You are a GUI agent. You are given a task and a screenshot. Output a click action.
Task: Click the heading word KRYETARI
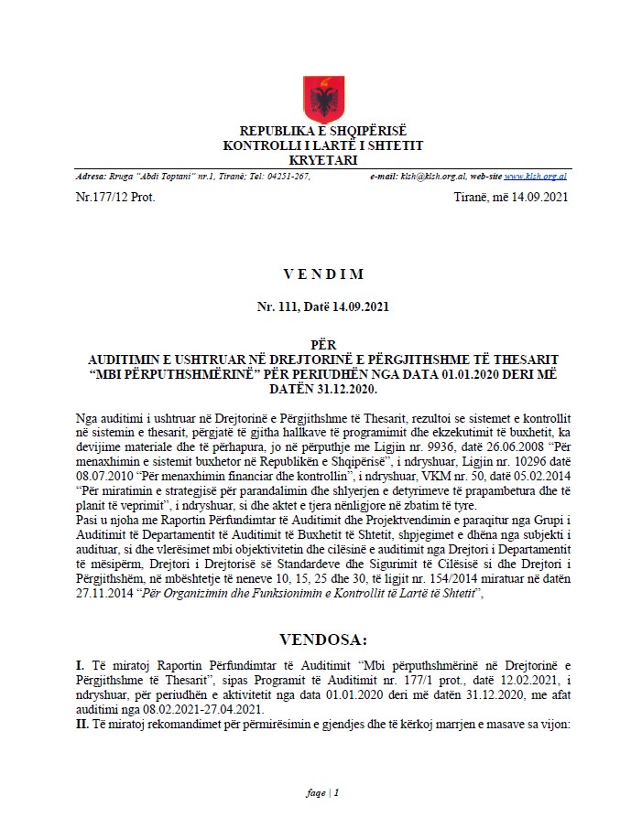[322, 158]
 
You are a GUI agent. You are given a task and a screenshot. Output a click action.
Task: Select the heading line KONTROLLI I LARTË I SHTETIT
[322, 145]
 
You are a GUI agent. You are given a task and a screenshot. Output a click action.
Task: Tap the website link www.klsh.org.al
[535, 176]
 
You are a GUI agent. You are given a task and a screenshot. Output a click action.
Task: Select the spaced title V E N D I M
[322, 274]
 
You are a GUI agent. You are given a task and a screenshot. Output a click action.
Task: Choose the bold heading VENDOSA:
[322, 639]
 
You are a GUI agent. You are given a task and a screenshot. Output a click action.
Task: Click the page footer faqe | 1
[322, 792]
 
